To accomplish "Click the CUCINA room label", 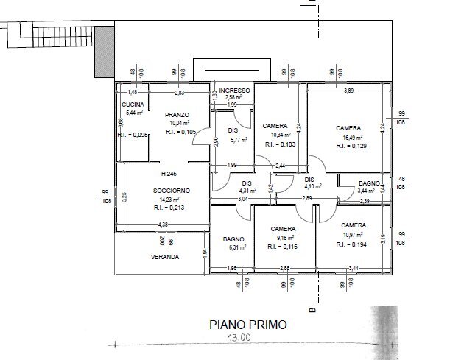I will [x=133, y=105].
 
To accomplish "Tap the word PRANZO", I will [x=177, y=115].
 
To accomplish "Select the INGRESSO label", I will [x=235, y=91].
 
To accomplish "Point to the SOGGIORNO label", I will [x=172, y=191].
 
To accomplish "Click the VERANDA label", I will [x=164, y=258].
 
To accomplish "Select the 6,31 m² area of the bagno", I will [x=234, y=248].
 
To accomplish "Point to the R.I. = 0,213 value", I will [x=172, y=208].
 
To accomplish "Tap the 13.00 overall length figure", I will [x=239, y=338].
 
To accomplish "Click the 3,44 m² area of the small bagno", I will [x=365, y=191].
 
